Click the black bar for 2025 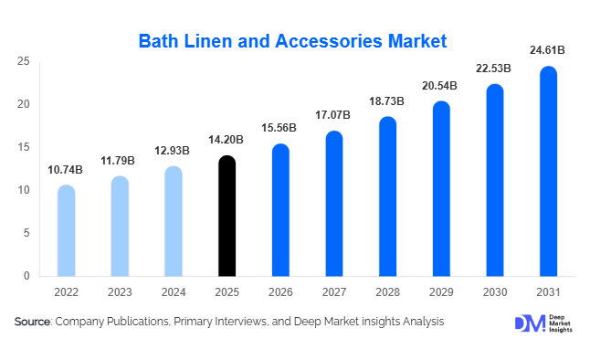pos(227,216)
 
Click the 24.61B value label pos(548,50)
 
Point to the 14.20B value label pos(227,140)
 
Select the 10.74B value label pos(66,169)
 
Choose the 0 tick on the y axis pos(26,276)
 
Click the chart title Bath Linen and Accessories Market pos(292,41)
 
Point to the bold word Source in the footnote pos(33,322)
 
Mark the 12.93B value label pos(173,150)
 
